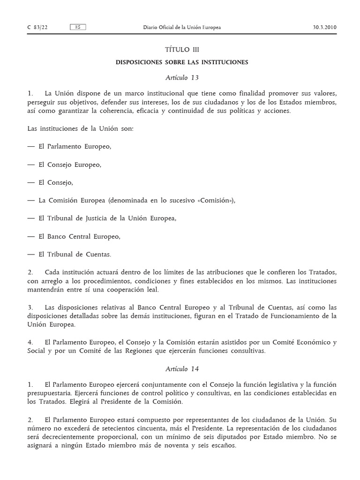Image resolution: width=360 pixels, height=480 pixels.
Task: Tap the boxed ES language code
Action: point(78,27)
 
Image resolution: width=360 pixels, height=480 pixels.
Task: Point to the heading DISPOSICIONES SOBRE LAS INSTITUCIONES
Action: point(182,62)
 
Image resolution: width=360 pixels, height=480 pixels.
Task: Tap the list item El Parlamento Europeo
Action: point(75,146)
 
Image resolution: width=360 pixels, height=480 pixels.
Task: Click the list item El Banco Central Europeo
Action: point(80,236)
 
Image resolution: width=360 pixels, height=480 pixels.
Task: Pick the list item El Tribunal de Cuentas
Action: point(75,255)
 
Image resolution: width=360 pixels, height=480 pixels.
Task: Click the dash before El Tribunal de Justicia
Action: point(31,218)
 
